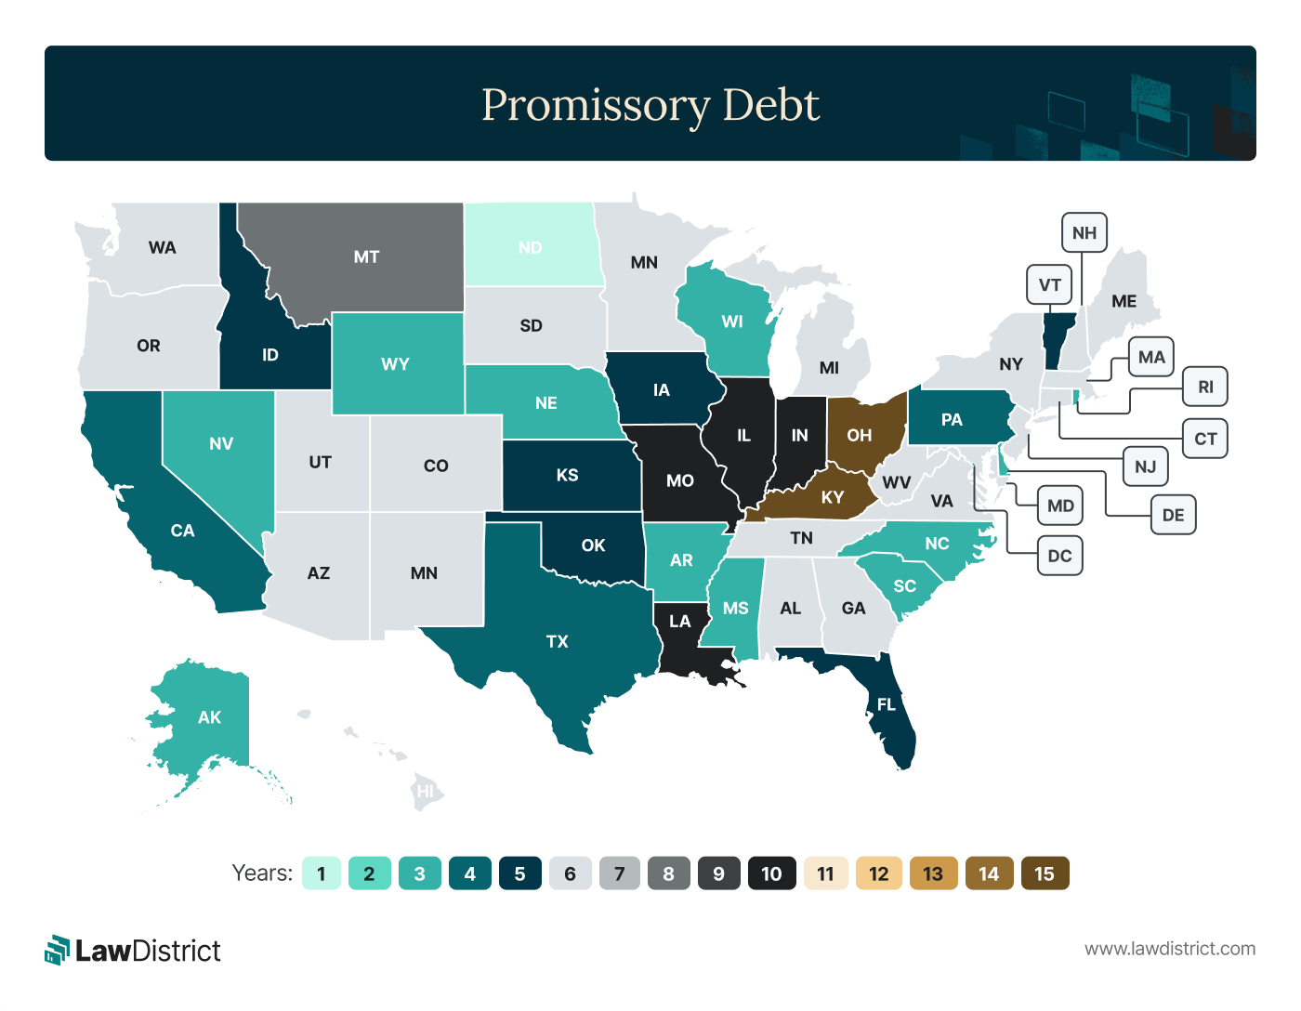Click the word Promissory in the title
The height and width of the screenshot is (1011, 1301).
point(596,105)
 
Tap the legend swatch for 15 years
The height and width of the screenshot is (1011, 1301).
point(1045,873)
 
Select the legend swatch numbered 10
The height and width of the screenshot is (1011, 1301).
point(771,873)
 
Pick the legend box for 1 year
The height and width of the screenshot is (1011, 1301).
point(322,873)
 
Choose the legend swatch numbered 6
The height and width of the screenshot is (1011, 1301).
point(570,873)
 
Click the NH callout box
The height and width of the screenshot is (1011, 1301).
point(1084,232)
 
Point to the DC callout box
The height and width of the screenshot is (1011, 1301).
point(1059,556)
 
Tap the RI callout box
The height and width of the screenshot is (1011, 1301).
point(1205,387)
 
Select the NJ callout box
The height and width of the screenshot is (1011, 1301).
point(1145,466)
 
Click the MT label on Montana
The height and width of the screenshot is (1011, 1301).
point(366,256)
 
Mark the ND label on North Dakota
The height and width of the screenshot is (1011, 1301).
point(530,247)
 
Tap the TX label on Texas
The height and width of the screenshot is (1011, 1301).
point(557,641)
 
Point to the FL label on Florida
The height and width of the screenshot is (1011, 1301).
point(886,704)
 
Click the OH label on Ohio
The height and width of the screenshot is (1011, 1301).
point(859,435)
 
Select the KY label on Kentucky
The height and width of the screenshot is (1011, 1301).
point(832,497)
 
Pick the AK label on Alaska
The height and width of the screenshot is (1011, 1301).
point(209,717)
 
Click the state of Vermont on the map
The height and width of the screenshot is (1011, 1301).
point(1057,340)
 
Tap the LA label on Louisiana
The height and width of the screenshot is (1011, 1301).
point(679,622)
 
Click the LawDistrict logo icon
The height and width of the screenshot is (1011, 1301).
point(58,950)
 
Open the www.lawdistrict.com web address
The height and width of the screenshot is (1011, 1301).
point(1169,949)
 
